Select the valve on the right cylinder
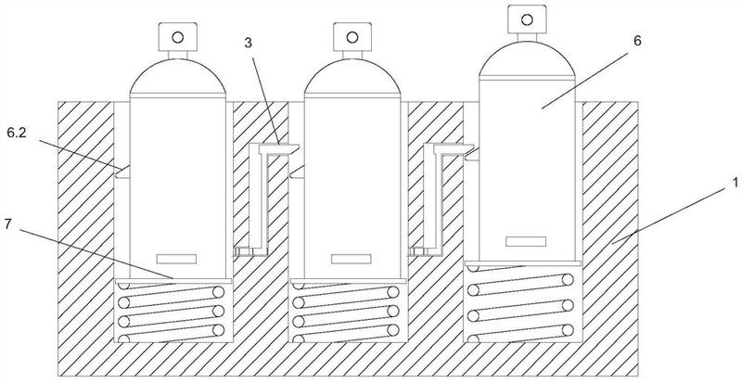526,18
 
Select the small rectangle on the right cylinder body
526,242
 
